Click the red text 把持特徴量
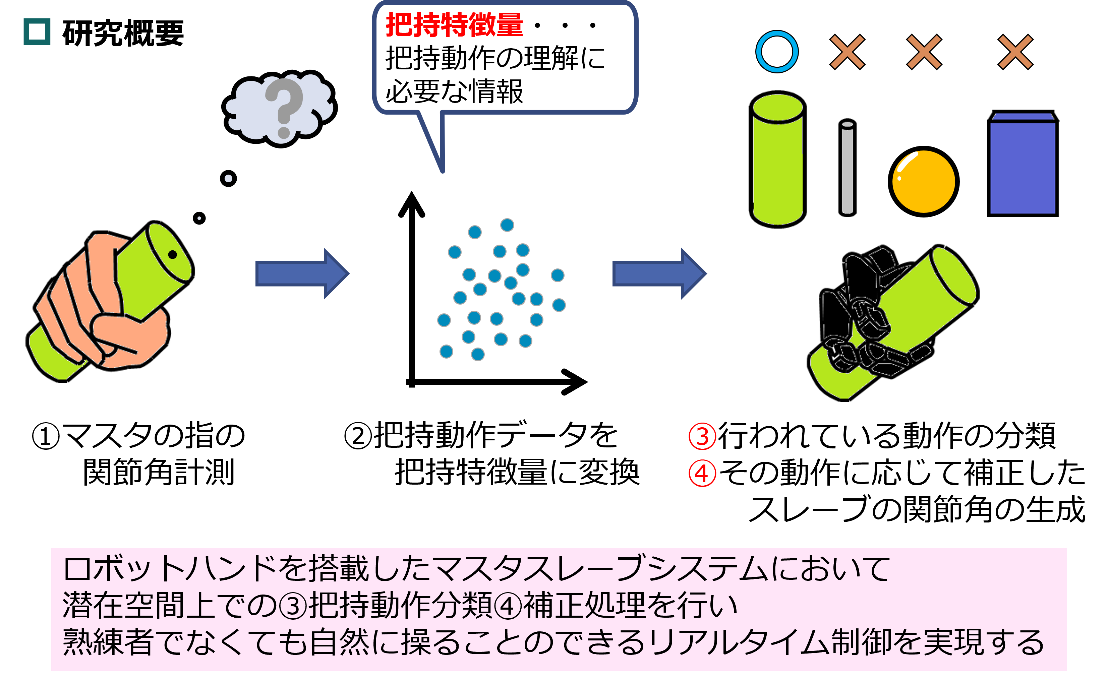pyautogui.click(x=454, y=25)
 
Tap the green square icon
pyautogui.click(x=37, y=32)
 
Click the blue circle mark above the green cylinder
pyautogui.click(x=777, y=52)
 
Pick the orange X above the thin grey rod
pyautogui.click(x=847, y=52)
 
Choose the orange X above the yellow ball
pyautogui.click(x=924, y=52)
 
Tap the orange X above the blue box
pyautogui.click(x=1015, y=52)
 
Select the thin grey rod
pyautogui.click(x=847, y=168)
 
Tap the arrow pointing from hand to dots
pyautogui.click(x=302, y=273)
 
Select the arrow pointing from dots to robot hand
pyautogui.click(x=659, y=273)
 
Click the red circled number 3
pyautogui.click(x=702, y=436)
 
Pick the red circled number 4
pyautogui.click(x=702, y=474)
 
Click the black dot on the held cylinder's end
pyautogui.click(x=172, y=255)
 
